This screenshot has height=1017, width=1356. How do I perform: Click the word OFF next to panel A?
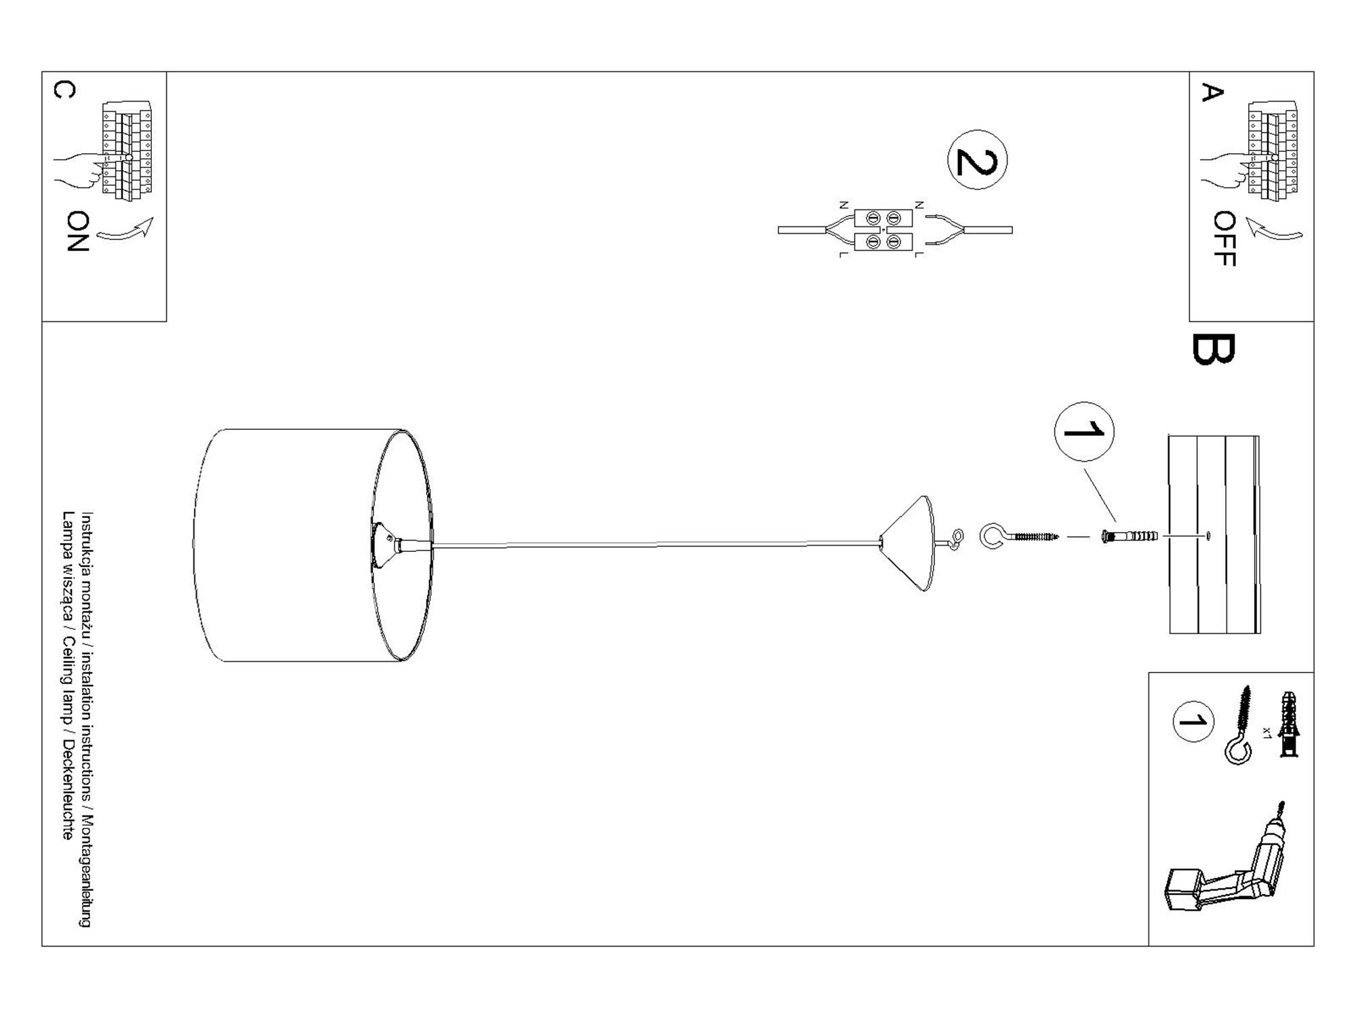click(x=1224, y=239)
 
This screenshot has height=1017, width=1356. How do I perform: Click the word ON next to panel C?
click(x=78, y=231)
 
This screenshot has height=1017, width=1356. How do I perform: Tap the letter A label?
click(x=1212, y=92)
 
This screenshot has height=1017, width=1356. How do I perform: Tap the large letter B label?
click(x=1213, y=349)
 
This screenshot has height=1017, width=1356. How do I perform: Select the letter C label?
click(x=64, y=89)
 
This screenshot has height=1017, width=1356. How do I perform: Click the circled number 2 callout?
click(x=977, y=160)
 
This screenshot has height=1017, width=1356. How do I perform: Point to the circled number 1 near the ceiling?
click(x=1083, y=431)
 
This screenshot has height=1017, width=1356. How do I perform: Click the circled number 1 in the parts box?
click(x=1193, y=721)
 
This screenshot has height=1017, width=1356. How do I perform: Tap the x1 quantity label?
click(x=1266, y=732)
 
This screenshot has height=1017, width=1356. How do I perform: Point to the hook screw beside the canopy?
click(x=1017, y=536)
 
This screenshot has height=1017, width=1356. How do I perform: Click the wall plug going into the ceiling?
click(x=1130, y=536)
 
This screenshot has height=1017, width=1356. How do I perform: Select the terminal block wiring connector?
click(x=883, y=230)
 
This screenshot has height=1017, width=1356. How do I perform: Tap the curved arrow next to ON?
click(x=126, y=230)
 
